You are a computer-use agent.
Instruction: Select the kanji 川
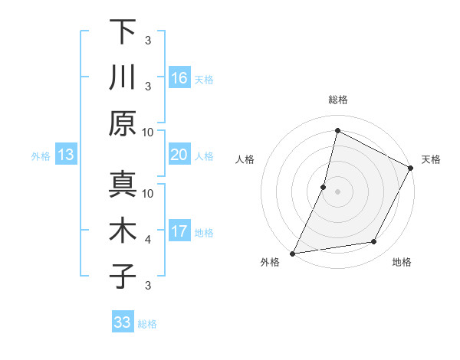(x=123, y=77)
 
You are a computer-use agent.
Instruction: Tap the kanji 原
(x=123, y=123)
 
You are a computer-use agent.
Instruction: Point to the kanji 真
(x=123, y=185)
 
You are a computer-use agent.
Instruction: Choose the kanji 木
(x=123, y=231)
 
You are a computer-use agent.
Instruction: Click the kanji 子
(x=123, y=277)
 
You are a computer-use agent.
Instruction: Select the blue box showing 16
(x=179, y=78)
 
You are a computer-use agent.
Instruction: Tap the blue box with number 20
(x=179, y=155)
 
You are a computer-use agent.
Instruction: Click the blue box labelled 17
(x=179, y=231)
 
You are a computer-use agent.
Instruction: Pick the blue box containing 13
(x=66, y=155)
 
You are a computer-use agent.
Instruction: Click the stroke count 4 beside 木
(x=148, y=240)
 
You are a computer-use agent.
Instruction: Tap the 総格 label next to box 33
(x=147, y=324)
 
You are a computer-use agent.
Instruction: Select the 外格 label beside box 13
(x=41, y=155)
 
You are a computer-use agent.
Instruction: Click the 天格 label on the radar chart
(x=431, y=159)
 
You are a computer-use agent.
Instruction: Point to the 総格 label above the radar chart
(x=338, y=100)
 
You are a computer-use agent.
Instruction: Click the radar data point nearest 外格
(x=293, y=254)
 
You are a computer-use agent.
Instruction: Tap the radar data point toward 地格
(x=374, y=242)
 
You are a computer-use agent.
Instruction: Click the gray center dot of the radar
(x=338, y=191)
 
